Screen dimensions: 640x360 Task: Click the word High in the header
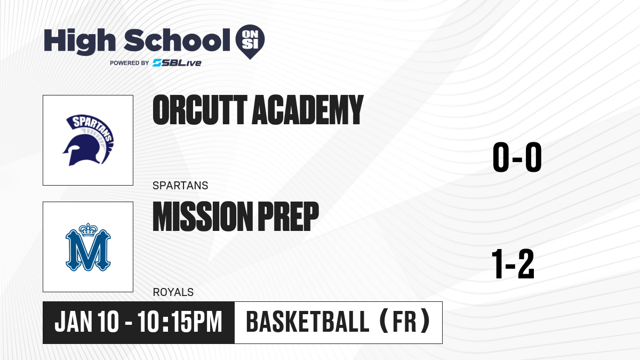(80, 41)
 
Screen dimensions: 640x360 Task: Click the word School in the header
(177, 40)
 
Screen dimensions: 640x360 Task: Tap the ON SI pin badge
(250, 42)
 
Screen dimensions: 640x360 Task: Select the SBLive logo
(177, 63)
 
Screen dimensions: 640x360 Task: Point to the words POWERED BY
(130, 63)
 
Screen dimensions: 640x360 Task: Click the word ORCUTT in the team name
(200, 110)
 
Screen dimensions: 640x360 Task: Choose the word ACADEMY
(307, 110)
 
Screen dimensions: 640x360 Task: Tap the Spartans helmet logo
(88, 140)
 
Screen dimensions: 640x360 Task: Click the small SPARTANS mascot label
(180, 186)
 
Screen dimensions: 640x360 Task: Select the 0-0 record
(517, 157)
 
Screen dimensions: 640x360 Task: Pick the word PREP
(289, 216)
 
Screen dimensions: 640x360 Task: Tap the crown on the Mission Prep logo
(88, 229)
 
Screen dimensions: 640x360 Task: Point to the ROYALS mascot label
(173, 292)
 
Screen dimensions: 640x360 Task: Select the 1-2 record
(513, 263)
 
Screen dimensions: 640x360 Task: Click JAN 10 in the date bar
(86, 322)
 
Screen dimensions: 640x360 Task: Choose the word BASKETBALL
(308, 322)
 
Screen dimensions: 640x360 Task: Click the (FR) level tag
(405, 322)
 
